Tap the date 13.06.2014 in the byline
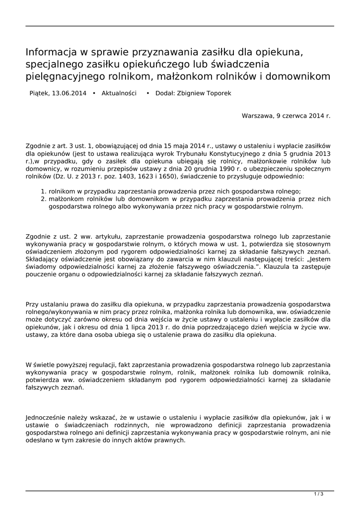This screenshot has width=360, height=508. point(69,93)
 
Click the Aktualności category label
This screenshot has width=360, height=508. point(119,93)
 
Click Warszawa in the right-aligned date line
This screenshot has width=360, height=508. point(257,116)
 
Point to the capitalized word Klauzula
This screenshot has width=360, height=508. point(278,267)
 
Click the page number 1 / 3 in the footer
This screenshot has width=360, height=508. point(319,494)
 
